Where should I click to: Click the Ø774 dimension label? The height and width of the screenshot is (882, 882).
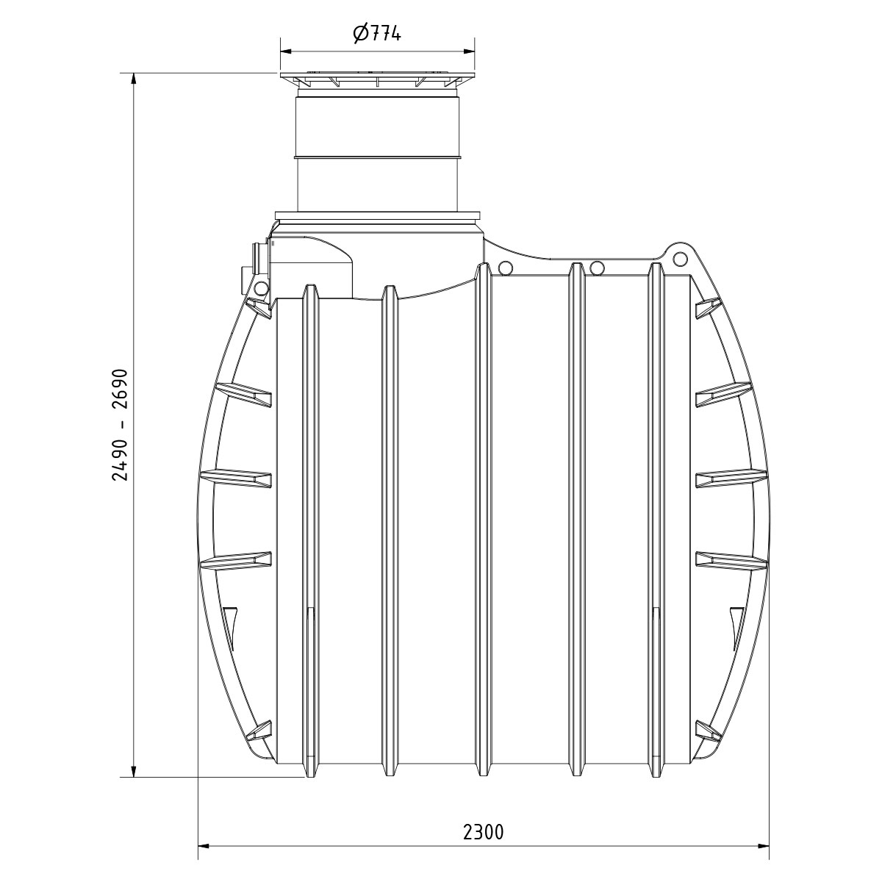tap(378, 33)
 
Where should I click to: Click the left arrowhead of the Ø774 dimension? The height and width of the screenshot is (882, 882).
tap(286, 51)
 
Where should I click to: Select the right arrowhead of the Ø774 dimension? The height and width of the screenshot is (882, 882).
tap(467, 51)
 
